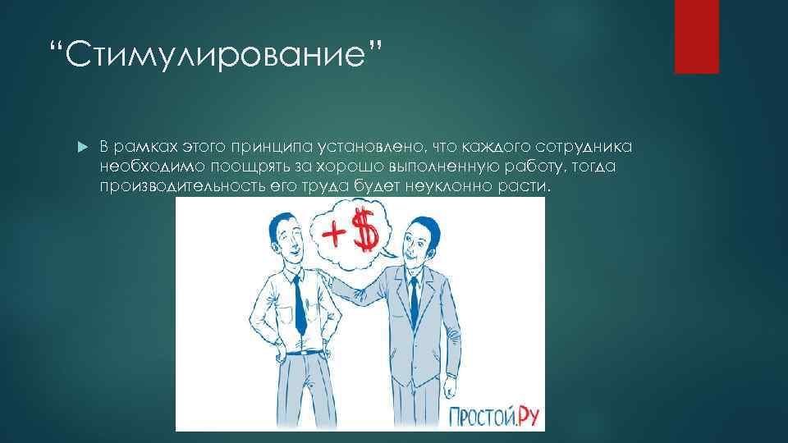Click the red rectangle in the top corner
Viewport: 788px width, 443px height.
[x=696, y=36]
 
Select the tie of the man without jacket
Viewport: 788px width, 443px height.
[x=300, y=304]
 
